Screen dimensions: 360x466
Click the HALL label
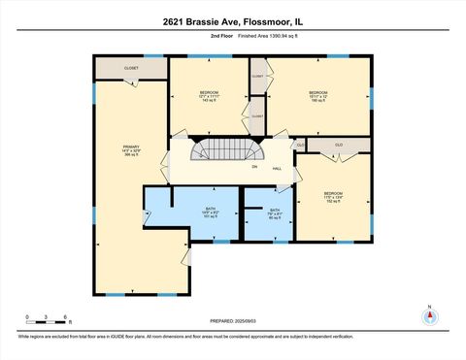click(x=277, y=168)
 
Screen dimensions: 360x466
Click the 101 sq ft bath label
click(x=210, y=213)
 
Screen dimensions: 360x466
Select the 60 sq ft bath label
click(x=275, y=214)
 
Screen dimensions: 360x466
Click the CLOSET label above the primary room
click(x=131, y=69)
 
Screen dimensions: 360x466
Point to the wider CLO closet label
click(x=339, y=146)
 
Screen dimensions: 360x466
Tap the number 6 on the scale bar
click(x=64, y=316)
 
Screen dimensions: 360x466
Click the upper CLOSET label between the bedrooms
click(x=257, y=75)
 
